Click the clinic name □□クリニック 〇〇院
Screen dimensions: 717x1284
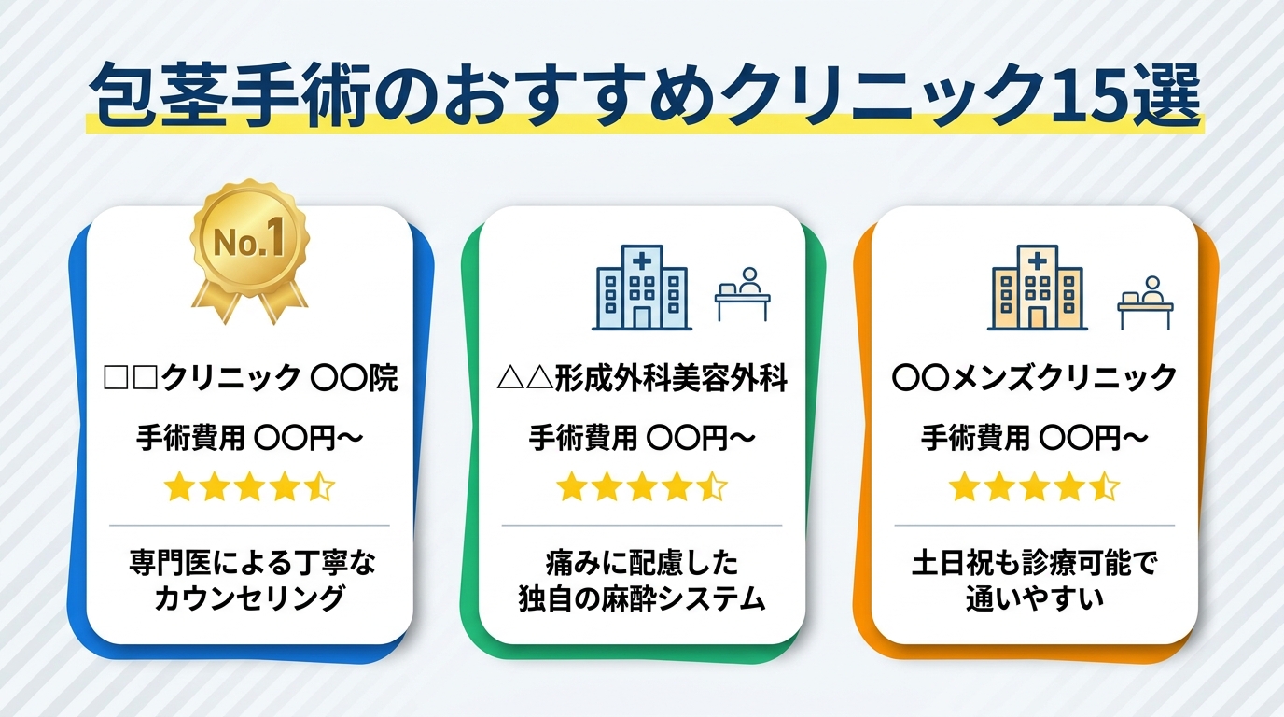point(249,379)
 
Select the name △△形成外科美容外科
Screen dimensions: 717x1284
point(641,379)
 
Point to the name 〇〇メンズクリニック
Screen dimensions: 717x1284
point(1034,379)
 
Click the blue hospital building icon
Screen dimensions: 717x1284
point(641,287)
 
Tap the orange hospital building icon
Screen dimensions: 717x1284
point(1035,287)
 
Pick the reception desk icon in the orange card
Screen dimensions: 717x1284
point(1145,301)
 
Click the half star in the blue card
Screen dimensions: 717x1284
point(320,486)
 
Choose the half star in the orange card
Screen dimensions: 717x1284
point(1105,486)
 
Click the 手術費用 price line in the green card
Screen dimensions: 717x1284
point(641,437)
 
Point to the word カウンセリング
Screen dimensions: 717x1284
point(249,597)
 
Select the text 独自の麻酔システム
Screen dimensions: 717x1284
point(641,597)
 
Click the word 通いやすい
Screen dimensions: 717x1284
point(1034,597)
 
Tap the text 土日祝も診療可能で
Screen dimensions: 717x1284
point(1034,564)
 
